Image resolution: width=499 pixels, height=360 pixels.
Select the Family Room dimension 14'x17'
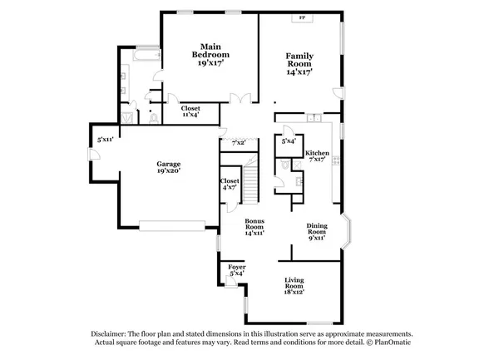(x=300, y=73)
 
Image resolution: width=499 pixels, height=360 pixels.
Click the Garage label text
(x=169, y=164)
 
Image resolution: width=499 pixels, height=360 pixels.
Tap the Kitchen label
(x=317, y=154)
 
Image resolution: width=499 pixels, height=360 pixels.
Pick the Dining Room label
(x=316, y=226)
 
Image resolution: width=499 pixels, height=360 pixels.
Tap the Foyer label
(x=237, y=268)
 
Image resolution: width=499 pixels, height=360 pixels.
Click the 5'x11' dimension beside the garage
(x=104, y=139)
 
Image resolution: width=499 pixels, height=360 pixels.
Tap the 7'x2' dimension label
(x=239, y=142)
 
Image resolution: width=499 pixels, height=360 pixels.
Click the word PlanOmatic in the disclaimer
(x=391, y=343)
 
